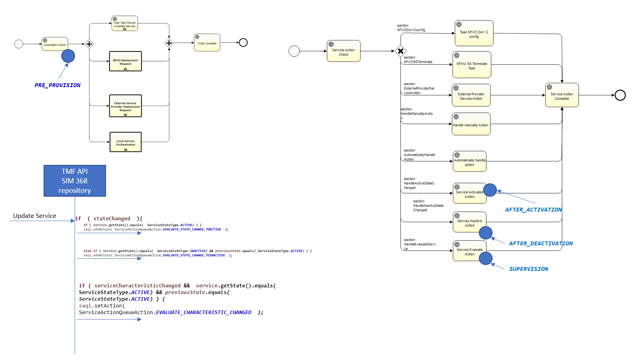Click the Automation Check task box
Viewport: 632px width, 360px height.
coord(55,44)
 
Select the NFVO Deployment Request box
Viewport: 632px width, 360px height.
coord(125,61)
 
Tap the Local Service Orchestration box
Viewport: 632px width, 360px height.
coord(125,142)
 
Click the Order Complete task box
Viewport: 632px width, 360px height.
coord(207,42)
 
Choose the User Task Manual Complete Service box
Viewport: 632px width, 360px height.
coord(125,24)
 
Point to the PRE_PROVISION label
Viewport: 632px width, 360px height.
coord(57,85)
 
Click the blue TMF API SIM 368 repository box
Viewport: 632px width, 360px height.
coord(75,181)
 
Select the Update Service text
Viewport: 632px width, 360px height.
coord(35,216)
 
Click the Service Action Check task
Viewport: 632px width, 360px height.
coord(343,51)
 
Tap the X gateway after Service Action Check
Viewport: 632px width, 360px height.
coord(400,51)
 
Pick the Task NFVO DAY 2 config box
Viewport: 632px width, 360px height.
coord(474,33)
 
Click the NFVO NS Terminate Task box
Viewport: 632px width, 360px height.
coord(472,65)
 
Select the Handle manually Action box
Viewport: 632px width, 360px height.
coord(471,124)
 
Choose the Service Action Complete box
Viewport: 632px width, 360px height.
coord(562,95)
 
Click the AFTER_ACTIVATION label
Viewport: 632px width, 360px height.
coord(533,210)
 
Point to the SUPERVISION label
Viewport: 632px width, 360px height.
coord(528,269)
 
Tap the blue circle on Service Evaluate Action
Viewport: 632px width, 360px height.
coord(486,258)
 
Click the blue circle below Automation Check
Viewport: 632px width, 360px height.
coord(68,56)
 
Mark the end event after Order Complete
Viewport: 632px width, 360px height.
coord(243,42)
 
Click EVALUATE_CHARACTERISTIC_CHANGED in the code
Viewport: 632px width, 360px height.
coord(203,312)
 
